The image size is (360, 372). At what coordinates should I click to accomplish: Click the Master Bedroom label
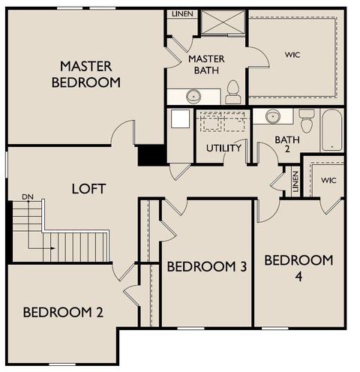pos(86,74)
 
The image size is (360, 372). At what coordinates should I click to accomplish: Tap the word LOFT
pos(88,189)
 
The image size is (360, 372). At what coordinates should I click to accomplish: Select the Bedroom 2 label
pos(63,312)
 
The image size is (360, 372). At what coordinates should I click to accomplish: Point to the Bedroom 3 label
pos(207,266)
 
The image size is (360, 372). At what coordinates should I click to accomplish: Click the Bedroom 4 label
pos(298,268)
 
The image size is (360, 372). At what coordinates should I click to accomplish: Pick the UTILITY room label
pos(223,148)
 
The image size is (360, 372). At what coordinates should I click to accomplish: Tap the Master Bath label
pos(206,64)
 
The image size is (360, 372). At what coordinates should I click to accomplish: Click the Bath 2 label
pos(287,144)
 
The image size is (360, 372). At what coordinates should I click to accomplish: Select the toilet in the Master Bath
pos(233,92)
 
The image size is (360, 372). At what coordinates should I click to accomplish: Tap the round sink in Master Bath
pos(193,96)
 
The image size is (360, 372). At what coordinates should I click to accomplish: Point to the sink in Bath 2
pos(273,116)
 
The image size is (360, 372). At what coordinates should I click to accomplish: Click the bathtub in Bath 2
pos(332,130)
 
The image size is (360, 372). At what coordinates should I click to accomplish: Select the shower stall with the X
pos(223,22)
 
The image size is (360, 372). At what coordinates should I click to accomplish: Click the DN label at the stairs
pos(28,197)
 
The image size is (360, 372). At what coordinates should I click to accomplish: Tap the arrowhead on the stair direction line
pos(53,248)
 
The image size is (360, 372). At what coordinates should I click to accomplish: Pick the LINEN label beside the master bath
pos(182,14)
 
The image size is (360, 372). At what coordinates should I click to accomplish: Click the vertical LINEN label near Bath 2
pos(295,181)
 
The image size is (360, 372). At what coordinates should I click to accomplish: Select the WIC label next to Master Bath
pos(292,55)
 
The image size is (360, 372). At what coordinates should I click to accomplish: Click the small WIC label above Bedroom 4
pos(328,180)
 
